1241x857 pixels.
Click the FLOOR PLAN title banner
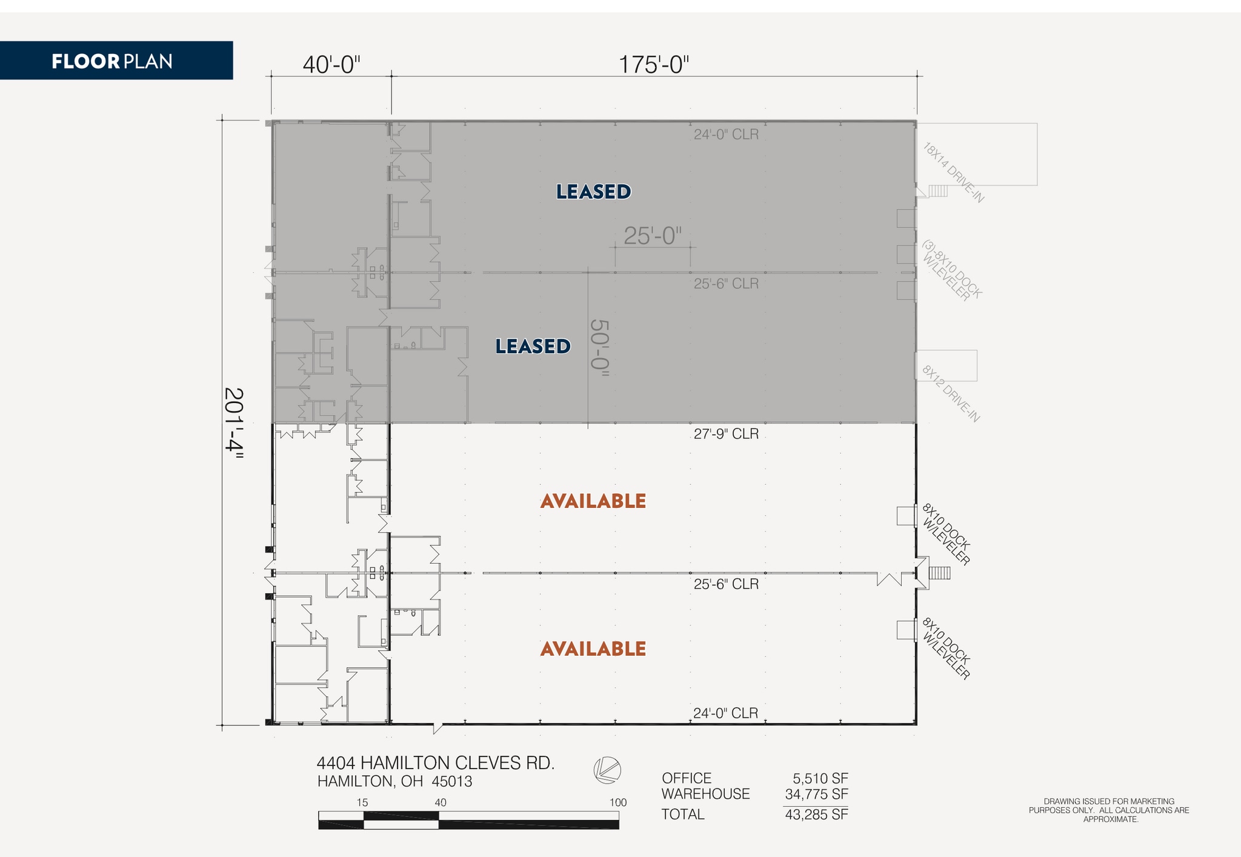(113, 61)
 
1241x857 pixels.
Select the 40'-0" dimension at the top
(331, 64)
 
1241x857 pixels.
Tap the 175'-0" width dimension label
(654, 64)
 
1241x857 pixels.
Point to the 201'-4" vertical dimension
(233, 424)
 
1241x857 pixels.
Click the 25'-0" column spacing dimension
(653, 236)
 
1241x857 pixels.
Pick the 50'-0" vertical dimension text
(599, 348)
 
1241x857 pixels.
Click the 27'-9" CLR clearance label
(726, 434)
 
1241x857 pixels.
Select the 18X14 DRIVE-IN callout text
(953, 173)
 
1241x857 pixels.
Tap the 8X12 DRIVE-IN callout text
(950, 394)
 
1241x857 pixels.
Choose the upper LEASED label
(593, 192)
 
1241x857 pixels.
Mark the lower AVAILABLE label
(593, 649)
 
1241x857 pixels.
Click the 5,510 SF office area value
(820, 778)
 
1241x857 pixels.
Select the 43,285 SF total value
(816, 815)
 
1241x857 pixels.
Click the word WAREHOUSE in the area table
(705, 794)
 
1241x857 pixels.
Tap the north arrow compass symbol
(607, 770)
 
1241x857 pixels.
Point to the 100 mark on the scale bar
(617, 802)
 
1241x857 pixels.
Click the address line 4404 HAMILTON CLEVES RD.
(435, 763)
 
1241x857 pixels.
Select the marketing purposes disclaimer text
(1108, 810)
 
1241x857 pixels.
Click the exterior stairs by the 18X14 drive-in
(938, 191)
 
